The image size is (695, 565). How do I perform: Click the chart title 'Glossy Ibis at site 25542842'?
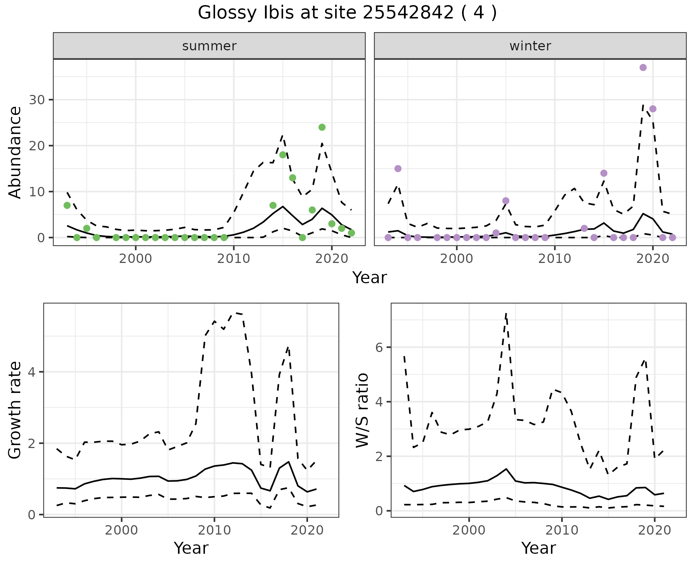[347, 13]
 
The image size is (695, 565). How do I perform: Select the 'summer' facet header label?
[209, 46]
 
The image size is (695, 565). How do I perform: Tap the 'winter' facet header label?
[530, 46]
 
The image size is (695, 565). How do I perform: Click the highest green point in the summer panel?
[322, 127]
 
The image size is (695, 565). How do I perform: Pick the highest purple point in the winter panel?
[643, 67]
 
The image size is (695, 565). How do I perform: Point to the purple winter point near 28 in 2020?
[653, 109]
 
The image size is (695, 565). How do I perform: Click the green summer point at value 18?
[283, 155]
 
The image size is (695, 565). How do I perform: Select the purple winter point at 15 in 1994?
[398, 168]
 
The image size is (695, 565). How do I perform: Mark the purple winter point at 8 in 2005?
[506, 201]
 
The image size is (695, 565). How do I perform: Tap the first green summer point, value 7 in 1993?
[67, 205]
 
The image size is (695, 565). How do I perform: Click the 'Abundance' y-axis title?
[15, 152]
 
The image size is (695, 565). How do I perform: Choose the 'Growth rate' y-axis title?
[15, 410]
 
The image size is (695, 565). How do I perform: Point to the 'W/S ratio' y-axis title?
[362, 410]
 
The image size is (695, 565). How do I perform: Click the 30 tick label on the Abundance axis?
[36, 100]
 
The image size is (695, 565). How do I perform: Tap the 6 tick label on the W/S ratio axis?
[379, 348]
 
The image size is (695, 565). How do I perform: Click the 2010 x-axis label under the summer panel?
[233, 259]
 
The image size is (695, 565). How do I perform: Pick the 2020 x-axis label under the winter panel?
[653, 259]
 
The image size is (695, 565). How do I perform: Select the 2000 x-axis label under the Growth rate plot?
[122, 530]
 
